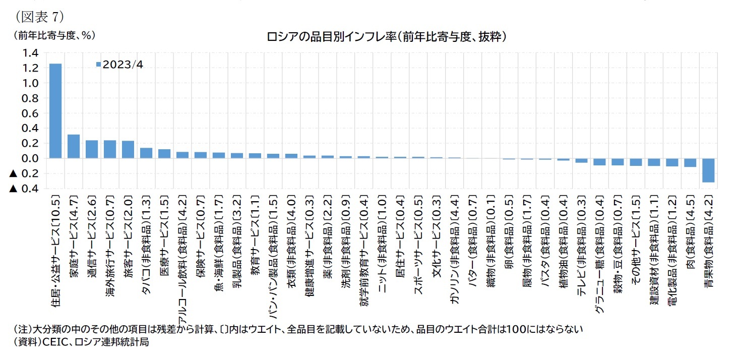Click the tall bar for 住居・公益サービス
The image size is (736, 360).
click(x=55, y=111)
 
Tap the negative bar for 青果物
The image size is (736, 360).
click(x=708, y=170)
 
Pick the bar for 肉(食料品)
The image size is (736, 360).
click(x=690, y=162)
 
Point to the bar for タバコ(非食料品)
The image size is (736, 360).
click(x=146, y=153)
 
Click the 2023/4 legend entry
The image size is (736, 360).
click(x=119, y=65)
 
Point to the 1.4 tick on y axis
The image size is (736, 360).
click(x=29, y=53)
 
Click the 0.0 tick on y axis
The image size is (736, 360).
click(x=29, y=158)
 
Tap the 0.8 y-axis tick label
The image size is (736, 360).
click(x=29, y=98)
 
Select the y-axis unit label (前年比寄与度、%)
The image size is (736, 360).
click(x=50, y=35)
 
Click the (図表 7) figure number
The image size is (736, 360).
click(x=39, y=16)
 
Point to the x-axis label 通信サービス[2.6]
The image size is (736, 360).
click(x=92, y=237)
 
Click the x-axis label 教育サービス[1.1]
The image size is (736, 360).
click(x=255, y=237)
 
